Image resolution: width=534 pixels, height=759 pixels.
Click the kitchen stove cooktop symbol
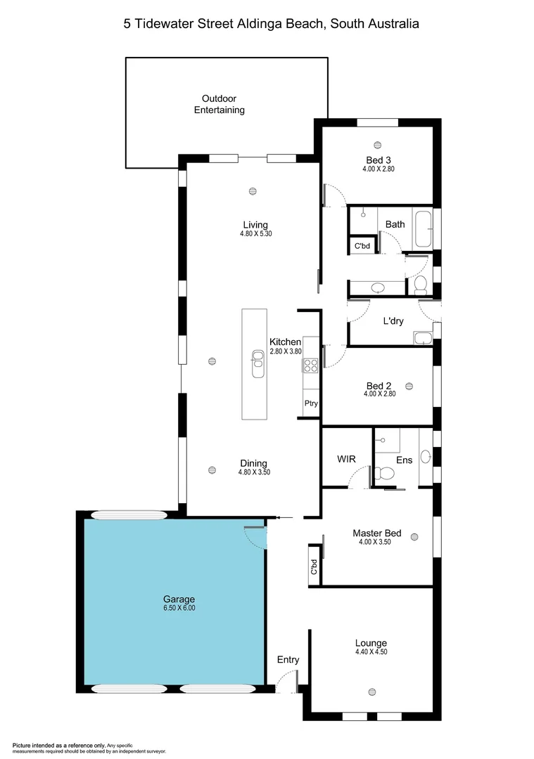coord(310,365)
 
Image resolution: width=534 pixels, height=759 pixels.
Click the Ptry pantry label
coord(310,403)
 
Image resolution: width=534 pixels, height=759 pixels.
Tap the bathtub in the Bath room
coord(423,229)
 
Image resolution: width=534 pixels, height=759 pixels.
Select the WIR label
coord(346,459)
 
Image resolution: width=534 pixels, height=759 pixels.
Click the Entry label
coord(288,659)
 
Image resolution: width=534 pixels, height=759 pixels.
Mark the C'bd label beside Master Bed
coord(314,567)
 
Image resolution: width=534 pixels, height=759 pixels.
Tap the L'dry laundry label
coord(393,320)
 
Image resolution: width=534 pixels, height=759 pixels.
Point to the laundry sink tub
coord(423,338)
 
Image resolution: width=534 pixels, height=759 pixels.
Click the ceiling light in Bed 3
coord(378,145)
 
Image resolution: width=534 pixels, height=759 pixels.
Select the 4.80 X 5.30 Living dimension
coord(255,234)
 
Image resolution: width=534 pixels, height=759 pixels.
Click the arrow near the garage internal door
coord(278,517)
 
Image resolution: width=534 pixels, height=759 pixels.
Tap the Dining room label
coord(253,463)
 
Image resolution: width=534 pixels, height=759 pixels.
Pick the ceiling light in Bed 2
coord(409,385)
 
